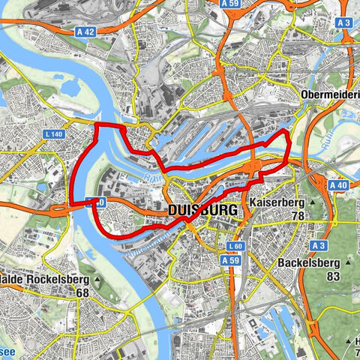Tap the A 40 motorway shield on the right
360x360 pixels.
coord(337,184)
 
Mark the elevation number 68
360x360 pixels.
coord(82,292)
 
